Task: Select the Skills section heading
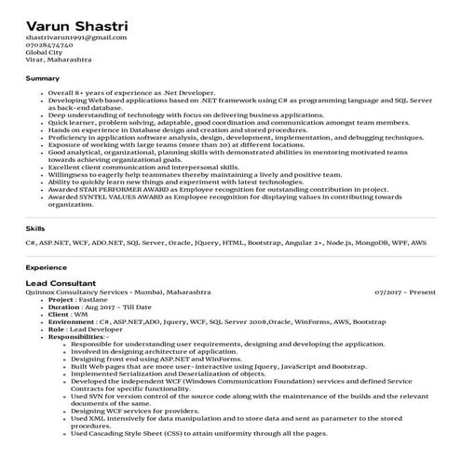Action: coord(35,227)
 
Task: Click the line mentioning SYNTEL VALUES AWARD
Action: coord(224,197)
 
